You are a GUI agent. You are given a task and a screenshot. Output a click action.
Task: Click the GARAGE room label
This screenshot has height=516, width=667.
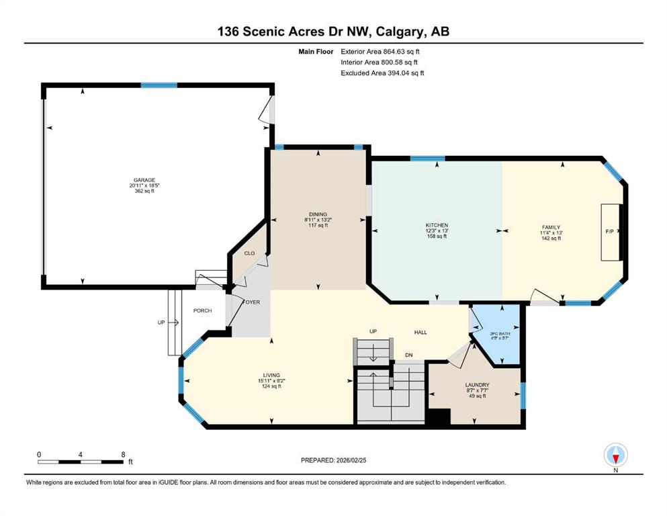[x=144, y=179]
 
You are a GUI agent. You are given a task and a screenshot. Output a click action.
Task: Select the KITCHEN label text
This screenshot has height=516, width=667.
[x=437, y=225]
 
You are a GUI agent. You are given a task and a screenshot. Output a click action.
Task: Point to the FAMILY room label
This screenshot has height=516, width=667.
[x=551, y=228]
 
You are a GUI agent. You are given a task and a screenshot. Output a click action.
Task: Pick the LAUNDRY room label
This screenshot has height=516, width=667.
[x=477, y=385]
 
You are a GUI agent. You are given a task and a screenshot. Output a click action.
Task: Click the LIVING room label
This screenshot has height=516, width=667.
[x=271, y=376]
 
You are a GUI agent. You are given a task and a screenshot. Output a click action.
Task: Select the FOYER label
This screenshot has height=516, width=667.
[x=251, y=302]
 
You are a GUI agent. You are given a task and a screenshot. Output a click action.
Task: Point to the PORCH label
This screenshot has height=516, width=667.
[x=202, y=310]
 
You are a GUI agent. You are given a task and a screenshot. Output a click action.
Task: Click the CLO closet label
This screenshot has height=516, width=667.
[x=249, y=253]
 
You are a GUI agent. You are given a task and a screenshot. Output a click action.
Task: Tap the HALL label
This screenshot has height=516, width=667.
[x=420, y=332]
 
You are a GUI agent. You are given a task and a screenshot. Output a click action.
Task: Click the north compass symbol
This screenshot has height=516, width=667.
[x=616, y=455]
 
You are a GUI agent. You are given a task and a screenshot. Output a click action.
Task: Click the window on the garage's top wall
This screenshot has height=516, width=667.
[x=159, y=85]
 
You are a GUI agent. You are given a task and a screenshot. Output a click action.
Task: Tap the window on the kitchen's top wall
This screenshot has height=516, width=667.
[x=427, y=159]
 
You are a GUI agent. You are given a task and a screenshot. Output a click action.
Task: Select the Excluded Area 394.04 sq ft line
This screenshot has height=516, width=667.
[x=382, y=73]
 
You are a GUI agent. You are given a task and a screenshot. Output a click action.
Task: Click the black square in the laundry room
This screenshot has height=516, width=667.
[x=438, y=417]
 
